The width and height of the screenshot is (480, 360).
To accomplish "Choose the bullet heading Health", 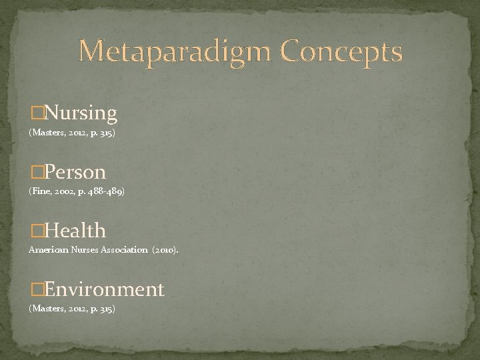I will click(73, 231).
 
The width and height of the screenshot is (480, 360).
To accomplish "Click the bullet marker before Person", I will click(34, 173).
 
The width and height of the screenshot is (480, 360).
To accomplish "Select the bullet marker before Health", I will click(34, 231).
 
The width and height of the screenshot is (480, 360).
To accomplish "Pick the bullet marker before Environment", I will click(34, 290).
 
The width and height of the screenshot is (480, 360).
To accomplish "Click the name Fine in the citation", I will click(40, 191).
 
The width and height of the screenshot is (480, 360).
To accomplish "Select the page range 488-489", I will click(106, 191).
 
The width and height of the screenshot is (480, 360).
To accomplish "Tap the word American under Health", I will click(47, 250).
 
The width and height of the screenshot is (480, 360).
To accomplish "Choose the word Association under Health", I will click(123, 250).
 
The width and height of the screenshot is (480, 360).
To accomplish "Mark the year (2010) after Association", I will click(165, 250).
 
